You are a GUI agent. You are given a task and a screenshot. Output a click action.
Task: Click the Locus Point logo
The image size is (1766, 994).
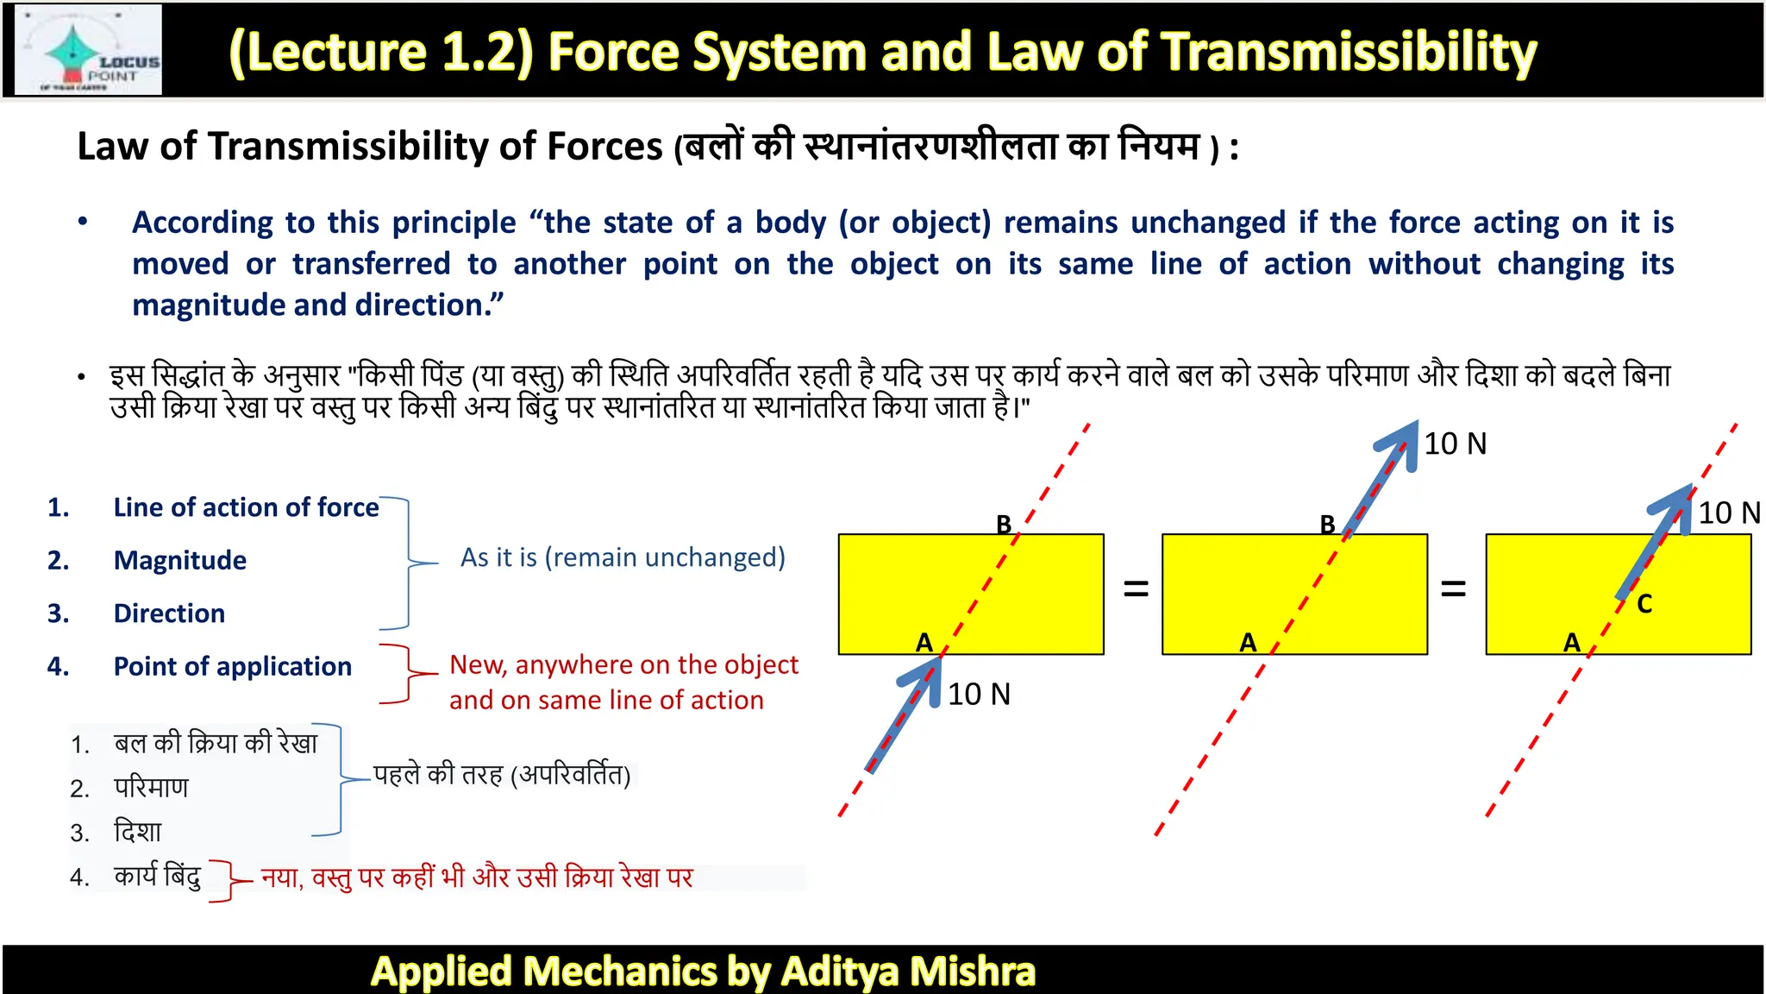coord(89,50)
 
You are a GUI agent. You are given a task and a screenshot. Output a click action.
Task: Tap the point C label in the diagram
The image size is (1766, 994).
coord(1644,604)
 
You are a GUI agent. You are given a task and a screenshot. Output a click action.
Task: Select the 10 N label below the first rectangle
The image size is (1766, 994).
coord(979,695)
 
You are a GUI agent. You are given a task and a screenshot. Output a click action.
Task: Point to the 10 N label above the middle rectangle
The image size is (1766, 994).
coord(1455,444)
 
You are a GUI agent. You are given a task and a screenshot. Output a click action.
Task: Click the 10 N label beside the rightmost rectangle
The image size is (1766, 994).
coord(1729,513)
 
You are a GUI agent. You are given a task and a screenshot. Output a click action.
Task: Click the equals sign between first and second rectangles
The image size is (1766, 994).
coord(1136,589)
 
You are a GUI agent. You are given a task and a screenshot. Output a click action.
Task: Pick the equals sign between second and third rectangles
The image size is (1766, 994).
coord(1453,589)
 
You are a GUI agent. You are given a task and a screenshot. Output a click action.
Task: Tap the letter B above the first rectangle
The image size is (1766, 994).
coord(1004,524)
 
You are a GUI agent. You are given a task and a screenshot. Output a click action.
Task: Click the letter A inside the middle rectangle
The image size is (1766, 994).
coord(1248,643)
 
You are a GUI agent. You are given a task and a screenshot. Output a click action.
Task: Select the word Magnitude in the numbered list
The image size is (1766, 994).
coord(180,561)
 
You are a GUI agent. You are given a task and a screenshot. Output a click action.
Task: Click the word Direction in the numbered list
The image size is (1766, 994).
coord(169,613)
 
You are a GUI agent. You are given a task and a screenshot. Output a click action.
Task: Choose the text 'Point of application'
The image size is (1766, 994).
coord(233,667)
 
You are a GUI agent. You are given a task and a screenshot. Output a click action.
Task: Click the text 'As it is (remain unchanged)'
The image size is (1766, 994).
coord(623,557)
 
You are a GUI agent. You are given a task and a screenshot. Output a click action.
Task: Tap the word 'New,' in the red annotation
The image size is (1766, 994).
coord(479,665)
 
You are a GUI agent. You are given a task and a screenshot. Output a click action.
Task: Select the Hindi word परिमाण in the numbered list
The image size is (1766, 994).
coord(151,788)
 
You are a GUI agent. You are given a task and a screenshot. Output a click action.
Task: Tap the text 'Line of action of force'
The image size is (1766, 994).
coord(246,507)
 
